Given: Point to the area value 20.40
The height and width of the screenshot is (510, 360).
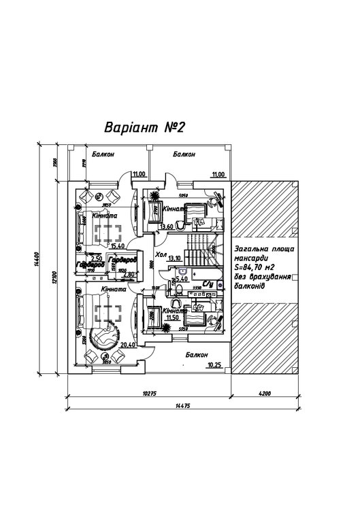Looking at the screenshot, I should click(127, 345).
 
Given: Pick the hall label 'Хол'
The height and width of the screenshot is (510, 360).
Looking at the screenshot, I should click(161, 254).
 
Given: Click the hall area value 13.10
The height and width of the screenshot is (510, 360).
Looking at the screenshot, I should click(174, 258).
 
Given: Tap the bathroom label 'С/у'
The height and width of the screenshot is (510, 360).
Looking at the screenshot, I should click(209, 284).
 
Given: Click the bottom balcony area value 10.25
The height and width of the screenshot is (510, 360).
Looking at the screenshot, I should click(214, 365).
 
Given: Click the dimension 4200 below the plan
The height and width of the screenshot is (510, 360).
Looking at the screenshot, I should click(265, 393).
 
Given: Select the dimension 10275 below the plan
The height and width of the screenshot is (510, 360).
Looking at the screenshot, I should click(150, 393).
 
